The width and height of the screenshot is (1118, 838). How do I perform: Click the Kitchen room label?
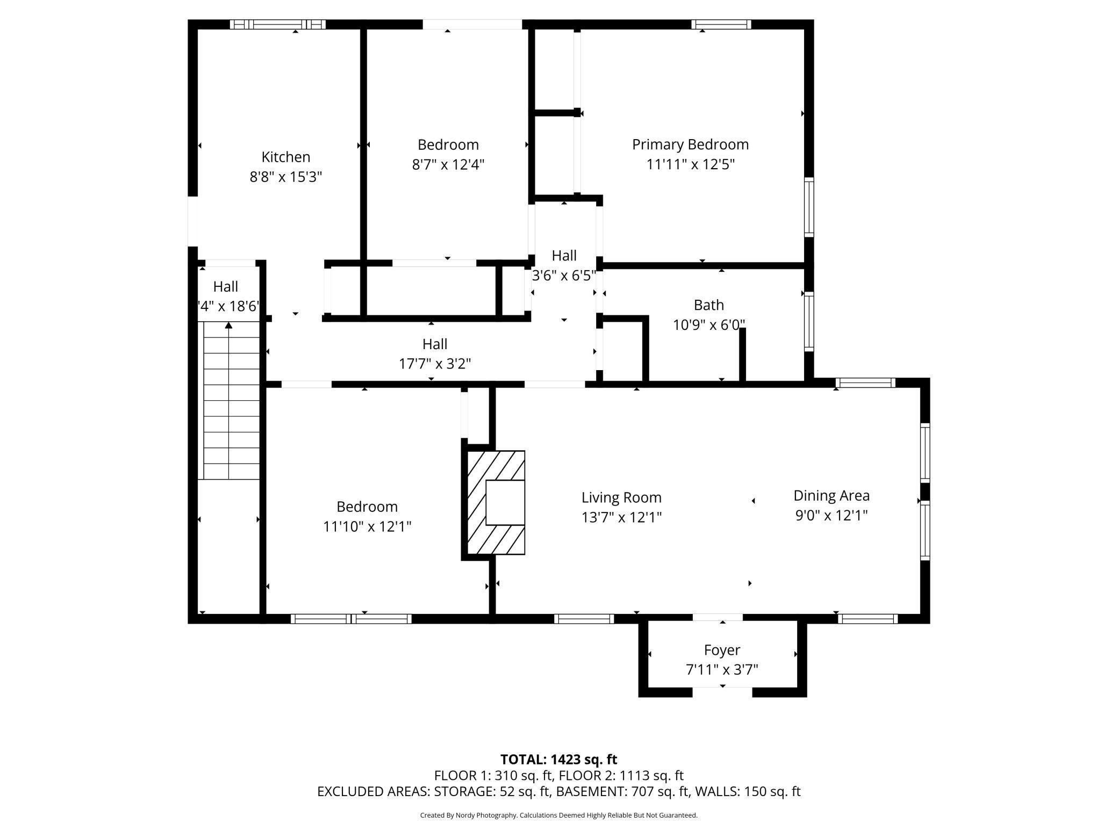pyautogui.click(x=286, y=157)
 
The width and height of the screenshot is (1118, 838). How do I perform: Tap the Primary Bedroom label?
pyautogui.click(x=690, y=145)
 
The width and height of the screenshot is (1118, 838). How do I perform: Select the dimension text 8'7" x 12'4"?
pyautogui.click(x=448, y=164)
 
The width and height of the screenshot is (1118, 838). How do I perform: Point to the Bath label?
pyautogui.click(x=709, y=305)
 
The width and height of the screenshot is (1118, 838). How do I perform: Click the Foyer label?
pyautogui.click(x=722, y=651)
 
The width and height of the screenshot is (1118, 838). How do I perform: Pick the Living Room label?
pyautogui.click(x=621, y=497)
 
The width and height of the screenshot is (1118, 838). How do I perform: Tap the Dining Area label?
pyautogui.click(x=832, y=496)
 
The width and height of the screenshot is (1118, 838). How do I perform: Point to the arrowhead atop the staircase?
pyautogui.click(x=228, y=325)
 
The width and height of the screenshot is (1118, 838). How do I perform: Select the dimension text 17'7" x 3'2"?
pyautogui.click(x=435, y=364)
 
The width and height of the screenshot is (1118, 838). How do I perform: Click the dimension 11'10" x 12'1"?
pyautogui.click(x=367, y=526)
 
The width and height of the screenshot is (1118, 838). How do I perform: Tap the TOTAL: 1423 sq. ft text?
pyautogui.click(x=558, y=760)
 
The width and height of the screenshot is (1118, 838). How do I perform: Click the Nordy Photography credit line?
pyautogui.click(x=558, y=815)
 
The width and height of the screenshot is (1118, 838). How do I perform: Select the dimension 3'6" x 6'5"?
pyautogui.click(x=564, y=276)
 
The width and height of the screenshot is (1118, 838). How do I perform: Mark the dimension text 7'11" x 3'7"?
pyautogui.click(x=722, y=670)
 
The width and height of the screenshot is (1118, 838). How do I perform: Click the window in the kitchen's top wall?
pyautogui.click(x=278, y=24)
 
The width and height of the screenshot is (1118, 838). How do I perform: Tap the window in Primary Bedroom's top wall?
pyautogui.click(x=721, y=24)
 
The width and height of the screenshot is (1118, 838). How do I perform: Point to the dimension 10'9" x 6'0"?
pyautogui.click(x=709, y=325)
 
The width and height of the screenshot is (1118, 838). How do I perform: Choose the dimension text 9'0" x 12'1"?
pyautogui.click(x=832, y=516)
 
